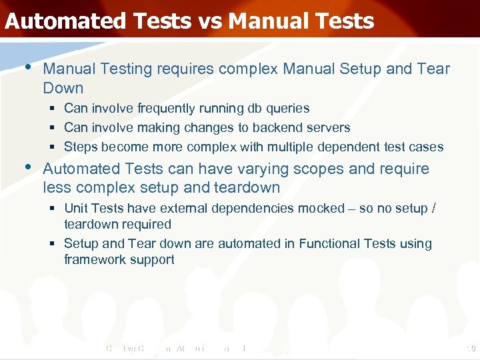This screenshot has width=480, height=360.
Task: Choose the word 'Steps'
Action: pyautogui.click(x=79, y=147)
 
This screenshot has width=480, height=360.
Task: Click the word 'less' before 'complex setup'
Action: pyautogui.click(x=55, y=188)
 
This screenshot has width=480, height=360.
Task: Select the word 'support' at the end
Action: pyautogui.click(x=153, y=260)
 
